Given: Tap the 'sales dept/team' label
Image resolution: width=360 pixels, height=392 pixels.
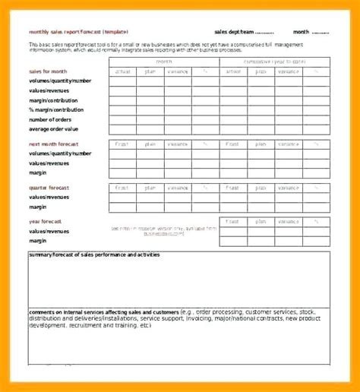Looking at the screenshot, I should pyautogui.click(x=232, y=32).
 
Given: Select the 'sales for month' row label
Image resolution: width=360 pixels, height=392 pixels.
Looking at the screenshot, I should pyautogui.click(x=48, y=71).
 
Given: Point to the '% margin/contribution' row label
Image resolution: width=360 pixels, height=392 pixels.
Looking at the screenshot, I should pyautogui.click(x=58, y=109).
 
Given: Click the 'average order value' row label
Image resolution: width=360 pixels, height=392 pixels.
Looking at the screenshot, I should pyautogui.click(x=55, y=129).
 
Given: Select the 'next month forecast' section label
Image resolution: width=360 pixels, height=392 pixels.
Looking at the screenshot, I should pyautogui.click(x=54, y=144).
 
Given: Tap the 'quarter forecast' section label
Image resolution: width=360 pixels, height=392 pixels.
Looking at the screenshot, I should pyautogui.click(x=49, y=187).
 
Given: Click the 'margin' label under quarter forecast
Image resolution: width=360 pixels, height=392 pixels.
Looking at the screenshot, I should pyautogui.click(x=39, y=206).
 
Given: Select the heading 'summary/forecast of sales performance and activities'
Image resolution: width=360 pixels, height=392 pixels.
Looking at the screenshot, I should pyautogui.click(x=94, y=254).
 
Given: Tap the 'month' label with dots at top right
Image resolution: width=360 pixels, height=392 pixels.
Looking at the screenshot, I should pyautogui.click(x=302, y=32).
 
